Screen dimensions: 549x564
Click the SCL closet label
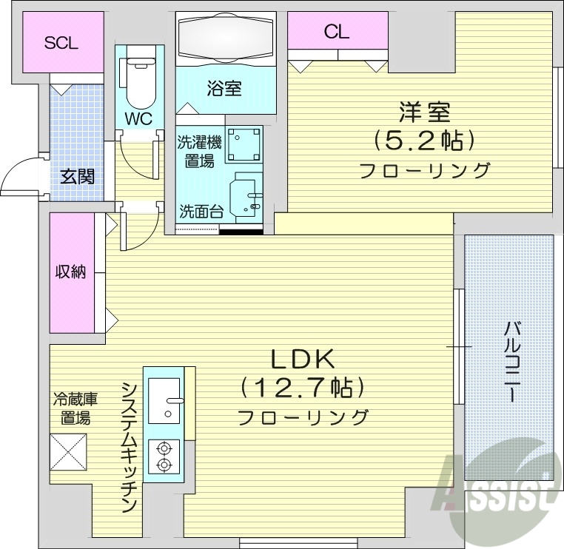click(61, 43)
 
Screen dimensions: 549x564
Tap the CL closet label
click(337, 32)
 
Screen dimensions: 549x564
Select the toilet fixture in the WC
click(138, 81)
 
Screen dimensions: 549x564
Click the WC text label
click(139, 119)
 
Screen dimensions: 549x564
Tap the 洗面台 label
click(201, 211)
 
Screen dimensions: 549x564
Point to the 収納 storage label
click(71, 272)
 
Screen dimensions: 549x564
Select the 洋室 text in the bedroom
click(425, 112)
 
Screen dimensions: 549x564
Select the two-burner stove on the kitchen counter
click(164, 455)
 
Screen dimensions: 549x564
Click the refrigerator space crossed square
click(69, 451)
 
